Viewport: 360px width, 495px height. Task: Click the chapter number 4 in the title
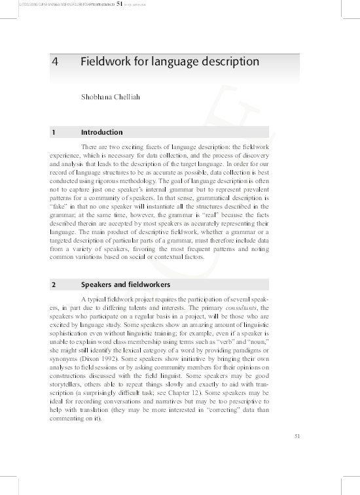55,62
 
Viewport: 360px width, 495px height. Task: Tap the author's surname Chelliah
126,97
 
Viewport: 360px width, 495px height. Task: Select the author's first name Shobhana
96,97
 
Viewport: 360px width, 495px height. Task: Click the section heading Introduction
101,132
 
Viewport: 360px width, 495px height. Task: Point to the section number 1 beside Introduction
54,132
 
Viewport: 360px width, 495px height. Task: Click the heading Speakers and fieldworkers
126,285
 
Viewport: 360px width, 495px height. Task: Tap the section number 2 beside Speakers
54,285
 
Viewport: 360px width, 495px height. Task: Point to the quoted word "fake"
59,205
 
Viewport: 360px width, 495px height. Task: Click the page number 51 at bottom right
298,436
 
